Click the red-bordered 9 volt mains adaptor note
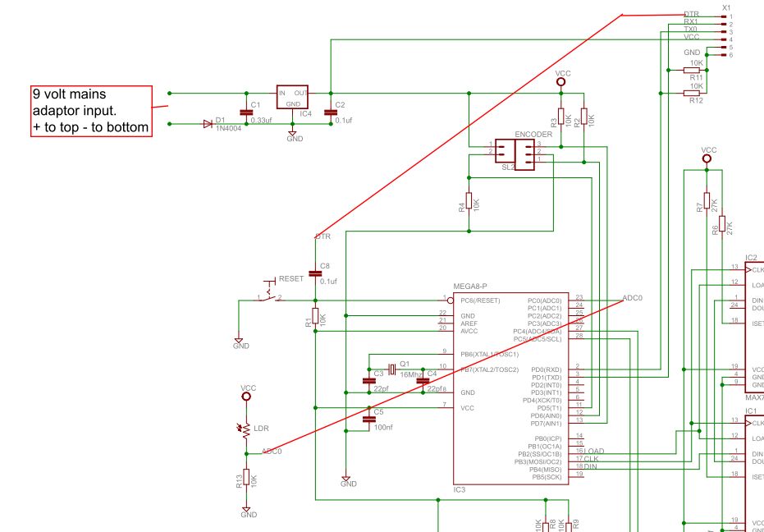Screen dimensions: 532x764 91,110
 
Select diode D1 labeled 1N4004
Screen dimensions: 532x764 208,124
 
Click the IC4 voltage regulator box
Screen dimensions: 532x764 291,97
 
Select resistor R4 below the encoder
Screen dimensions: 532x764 469,201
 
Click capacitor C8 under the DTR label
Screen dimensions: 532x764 314,273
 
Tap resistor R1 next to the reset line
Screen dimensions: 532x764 314,317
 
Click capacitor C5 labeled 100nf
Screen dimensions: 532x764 368,418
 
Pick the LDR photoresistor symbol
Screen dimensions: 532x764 245,429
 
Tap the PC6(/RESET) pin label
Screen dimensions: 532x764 480,300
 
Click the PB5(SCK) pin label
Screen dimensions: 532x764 547,476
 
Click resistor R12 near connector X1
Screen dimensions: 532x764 691,94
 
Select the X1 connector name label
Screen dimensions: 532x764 725,7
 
